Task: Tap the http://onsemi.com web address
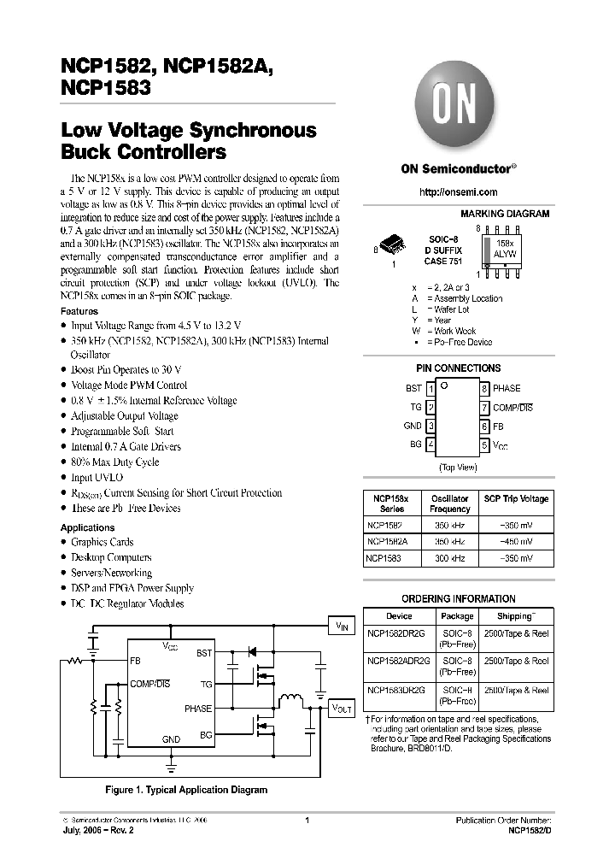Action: (x=458, y=192)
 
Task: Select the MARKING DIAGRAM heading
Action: (x=505, y=214)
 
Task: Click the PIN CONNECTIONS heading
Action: (x=458, y=368)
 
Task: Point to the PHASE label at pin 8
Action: (x=507, y=389)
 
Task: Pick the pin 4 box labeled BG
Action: (x=431, y=444)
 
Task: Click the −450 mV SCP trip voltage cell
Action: (x=516, y=542)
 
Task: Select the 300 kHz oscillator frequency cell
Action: (x=450, y=558)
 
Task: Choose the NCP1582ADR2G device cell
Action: (x=399, y=661)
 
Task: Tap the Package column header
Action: (x=457, y=615)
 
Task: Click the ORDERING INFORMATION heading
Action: (x=458, y=599)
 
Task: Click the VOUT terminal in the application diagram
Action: (x=342, y=709)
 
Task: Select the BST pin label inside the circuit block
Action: (x=204, y=652)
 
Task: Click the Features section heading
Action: (x=79, y=312)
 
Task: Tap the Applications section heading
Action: (x=87, y=527)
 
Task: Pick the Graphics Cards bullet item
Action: (x=102, y=542)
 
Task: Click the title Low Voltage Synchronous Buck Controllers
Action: (x=188, y=142)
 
